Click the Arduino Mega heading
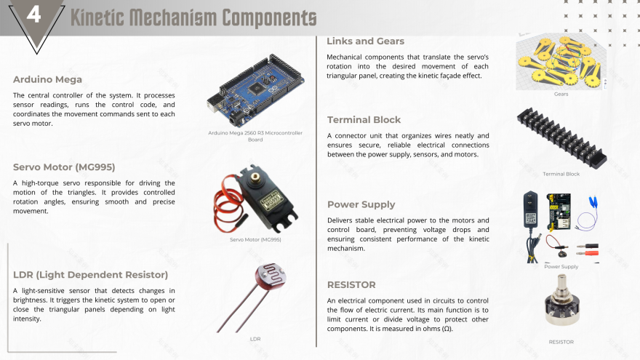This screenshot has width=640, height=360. (x=47, y=79)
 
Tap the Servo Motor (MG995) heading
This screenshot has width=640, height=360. (x=64, y=167)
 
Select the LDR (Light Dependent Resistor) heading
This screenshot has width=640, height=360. (x=91, y=275)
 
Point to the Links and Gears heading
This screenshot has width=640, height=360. (x=365, y=41)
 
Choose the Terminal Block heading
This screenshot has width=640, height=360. (x=364, y=120)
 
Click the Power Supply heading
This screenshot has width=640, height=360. (x=361, y=204)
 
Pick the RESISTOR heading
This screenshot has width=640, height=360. (x=351, y=285)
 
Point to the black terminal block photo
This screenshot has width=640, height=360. (x=561, y=138)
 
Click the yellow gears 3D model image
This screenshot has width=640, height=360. (x=561, y=62)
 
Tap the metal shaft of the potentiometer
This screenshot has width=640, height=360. (x=562, y=282)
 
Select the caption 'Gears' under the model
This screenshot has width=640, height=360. (x=561, y=94)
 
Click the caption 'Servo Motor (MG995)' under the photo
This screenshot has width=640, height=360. (x=255, y=239)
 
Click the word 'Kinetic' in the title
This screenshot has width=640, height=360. (x=97, y=17)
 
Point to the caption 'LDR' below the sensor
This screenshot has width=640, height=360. (x=255, y=339)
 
